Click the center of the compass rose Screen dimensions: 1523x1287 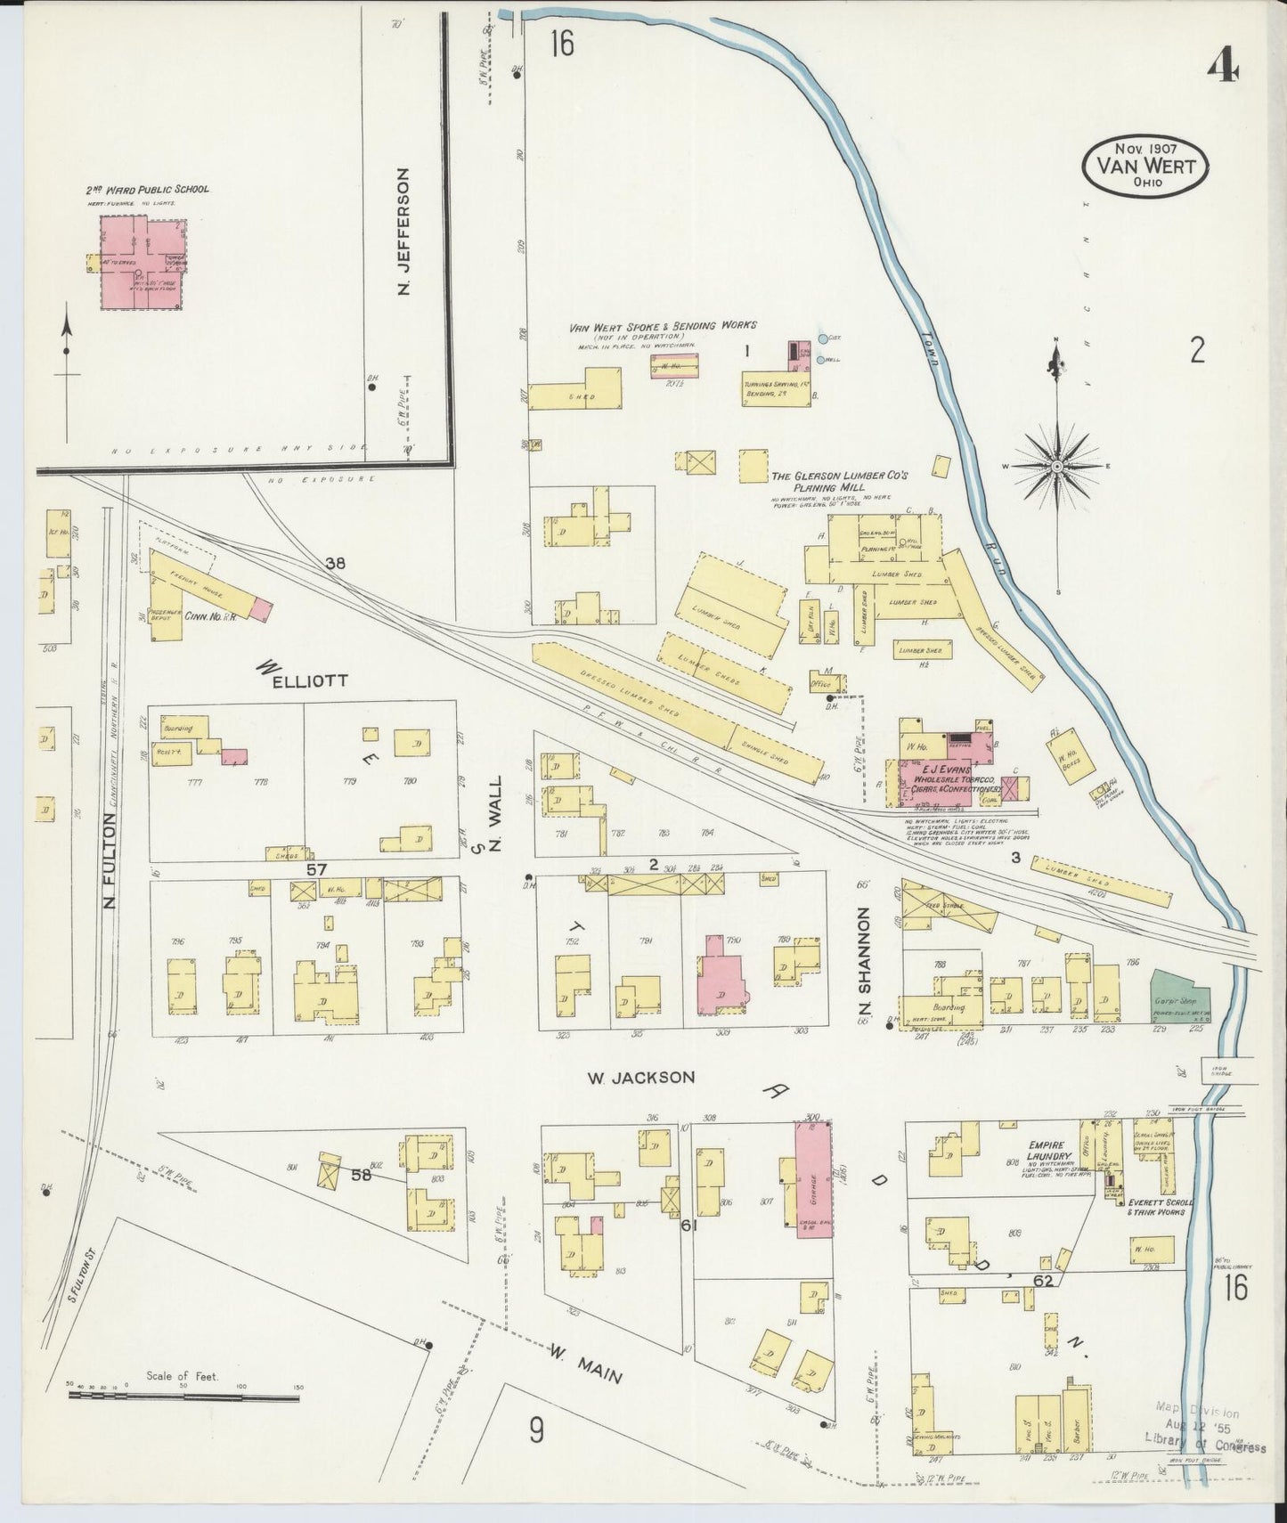[x=1056, y=467]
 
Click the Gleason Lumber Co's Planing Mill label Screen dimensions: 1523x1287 [x=839, y=482]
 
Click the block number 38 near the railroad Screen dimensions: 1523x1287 [x=335, y=563]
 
